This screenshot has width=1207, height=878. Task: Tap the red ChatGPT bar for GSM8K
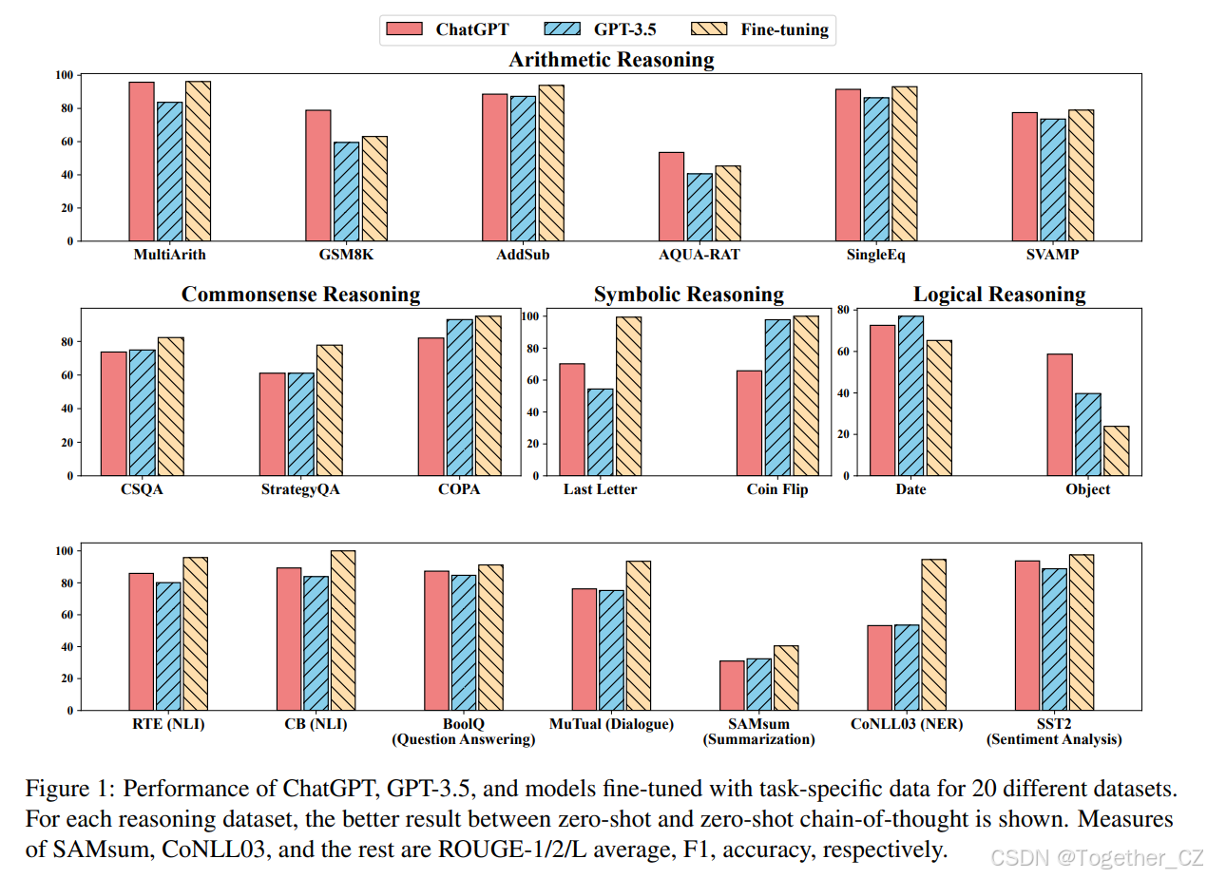pos(318,176)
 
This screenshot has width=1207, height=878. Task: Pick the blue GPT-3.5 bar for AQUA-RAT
pos(699,207)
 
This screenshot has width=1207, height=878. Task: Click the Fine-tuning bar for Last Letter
pos(628,396)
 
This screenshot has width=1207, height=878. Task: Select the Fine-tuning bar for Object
pos(1117,450)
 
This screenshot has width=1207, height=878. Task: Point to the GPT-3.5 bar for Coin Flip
pos(777,397)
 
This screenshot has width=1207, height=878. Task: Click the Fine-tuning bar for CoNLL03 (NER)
pos(934,635)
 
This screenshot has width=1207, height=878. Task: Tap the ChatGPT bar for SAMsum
pos(732,685)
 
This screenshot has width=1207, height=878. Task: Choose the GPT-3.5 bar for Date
pos(910,395)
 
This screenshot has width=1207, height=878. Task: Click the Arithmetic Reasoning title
pos(611,60)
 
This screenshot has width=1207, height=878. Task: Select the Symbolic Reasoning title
pos(689,295)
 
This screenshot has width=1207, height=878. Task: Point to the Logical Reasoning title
pos(999,295)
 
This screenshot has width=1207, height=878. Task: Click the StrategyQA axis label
pos(300,489)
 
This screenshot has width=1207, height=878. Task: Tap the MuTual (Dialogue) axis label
pos(611,724)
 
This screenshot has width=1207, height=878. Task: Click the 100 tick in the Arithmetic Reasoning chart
pos(65,75)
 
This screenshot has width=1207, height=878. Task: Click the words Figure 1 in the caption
pos(63,789)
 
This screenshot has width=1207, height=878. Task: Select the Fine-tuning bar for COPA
pos(488,395)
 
